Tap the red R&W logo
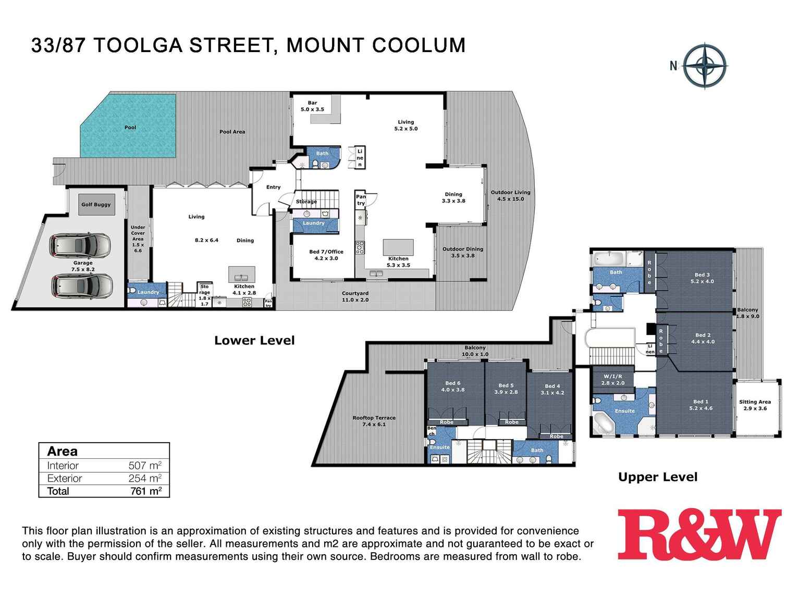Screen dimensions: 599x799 point(699,534)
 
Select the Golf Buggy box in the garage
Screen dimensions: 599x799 point(96,205)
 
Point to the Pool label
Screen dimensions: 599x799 point(130,128)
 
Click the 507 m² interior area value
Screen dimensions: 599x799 point(145,466)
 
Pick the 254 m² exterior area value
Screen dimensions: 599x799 point(145,478)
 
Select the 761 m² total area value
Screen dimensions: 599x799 point(145,491)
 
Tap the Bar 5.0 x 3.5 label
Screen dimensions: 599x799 point(312,106)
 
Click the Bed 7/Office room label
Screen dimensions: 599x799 point(326,255)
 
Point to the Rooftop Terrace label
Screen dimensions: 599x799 point(374,421)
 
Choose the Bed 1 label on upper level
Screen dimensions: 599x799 point(701,405)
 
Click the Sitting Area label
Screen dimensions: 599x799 point(755,405)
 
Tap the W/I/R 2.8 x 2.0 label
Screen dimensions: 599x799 point(613,379)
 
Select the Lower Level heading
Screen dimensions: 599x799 point(254,341)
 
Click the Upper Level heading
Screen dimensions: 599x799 point(658,477)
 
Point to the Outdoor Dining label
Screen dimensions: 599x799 point(463,252)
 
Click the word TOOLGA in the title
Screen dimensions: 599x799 point(138,45)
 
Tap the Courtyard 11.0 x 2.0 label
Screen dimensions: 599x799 point(355,296)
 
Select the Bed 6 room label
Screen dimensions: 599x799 point(452,386)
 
